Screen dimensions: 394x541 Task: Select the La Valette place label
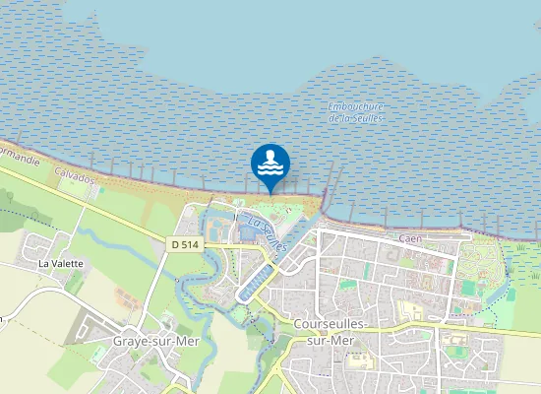61,264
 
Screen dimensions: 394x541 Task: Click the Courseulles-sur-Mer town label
331,331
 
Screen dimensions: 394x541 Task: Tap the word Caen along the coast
411,239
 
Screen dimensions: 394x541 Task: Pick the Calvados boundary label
74,176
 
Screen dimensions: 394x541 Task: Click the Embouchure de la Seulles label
357,112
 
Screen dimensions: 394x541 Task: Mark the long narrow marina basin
254,281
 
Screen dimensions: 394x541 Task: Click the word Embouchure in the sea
357,106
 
